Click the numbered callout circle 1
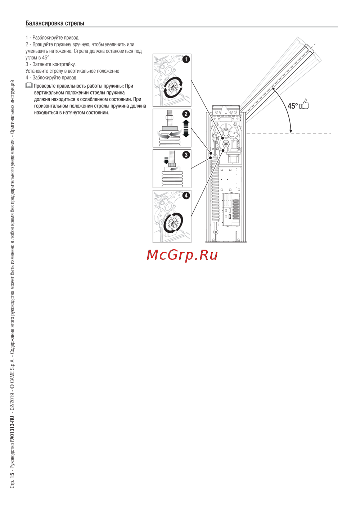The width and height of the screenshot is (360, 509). coord(186,59)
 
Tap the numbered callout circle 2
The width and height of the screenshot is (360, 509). coord(186,114)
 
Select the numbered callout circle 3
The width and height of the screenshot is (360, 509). coord(186,155)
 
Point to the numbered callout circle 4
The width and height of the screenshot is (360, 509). coord(186,196)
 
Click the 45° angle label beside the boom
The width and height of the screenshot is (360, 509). coord(293,106)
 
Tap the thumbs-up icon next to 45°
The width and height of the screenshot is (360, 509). coord(305,104)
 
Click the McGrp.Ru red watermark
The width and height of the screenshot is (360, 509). coord(182,255)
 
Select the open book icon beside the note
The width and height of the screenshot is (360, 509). coord(29,86)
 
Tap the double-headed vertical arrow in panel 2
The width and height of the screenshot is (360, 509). coord(186,128)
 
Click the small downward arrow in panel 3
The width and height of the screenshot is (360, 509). coord(166,160)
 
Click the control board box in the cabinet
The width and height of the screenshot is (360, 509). coord(231,210)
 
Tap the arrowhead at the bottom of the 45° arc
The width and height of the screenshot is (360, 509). coord(291,131)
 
